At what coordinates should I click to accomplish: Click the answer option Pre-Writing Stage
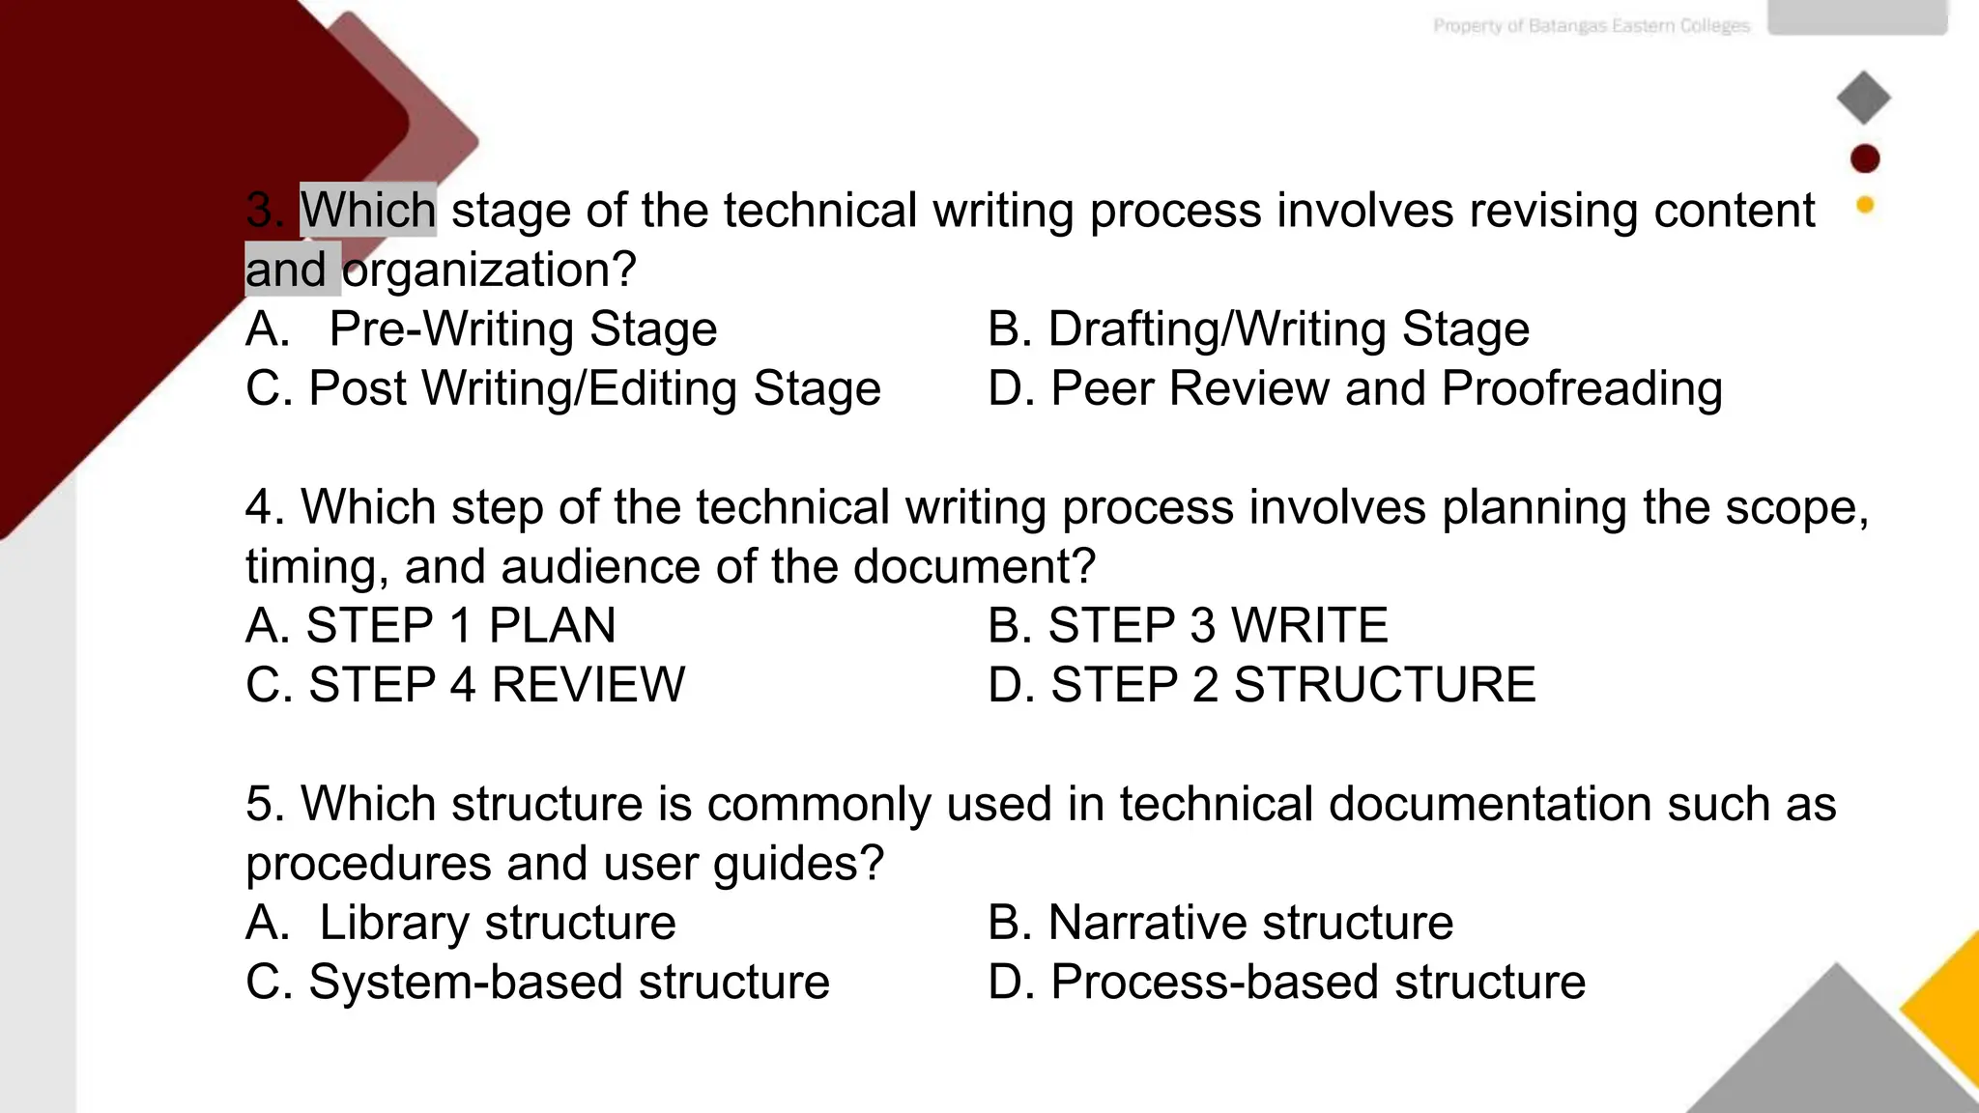(523, 329)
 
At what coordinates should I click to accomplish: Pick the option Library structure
(497, 923)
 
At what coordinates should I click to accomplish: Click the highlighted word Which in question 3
(368, 211)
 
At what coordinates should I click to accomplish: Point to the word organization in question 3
(489, 271)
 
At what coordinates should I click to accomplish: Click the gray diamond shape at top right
(1863, 98)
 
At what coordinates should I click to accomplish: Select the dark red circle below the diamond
(1865, 158)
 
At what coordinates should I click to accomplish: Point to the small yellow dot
(1865, 205)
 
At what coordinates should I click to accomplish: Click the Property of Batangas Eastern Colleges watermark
(1591, 26)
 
